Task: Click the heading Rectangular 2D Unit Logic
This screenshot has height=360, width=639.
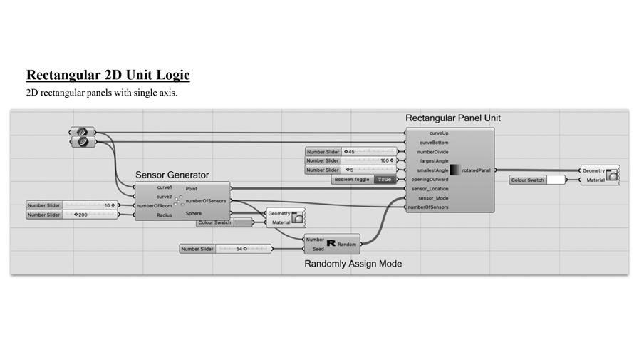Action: [x=108, y=75]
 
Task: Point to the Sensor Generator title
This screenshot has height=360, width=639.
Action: [x=172, y=175]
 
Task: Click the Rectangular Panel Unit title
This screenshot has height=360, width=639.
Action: [x=448, y=118]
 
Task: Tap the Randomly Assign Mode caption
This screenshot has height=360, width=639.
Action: [x=353, y=264]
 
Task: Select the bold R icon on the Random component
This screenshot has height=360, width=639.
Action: [x=331, y=244]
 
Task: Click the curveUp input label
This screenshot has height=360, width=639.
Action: [x=439, y=133]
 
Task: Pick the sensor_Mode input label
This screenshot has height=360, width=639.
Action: [x=433, y=197]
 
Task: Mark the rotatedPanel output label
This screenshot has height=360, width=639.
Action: [x=476, y=170]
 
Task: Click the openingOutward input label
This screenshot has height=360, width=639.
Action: [x=430, y=180]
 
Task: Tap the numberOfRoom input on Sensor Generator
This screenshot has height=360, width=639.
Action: [x=155, y=205]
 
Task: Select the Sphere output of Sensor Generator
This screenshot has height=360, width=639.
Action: [x=193, y=213]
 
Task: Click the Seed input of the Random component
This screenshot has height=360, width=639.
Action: [x=318, y=249]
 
